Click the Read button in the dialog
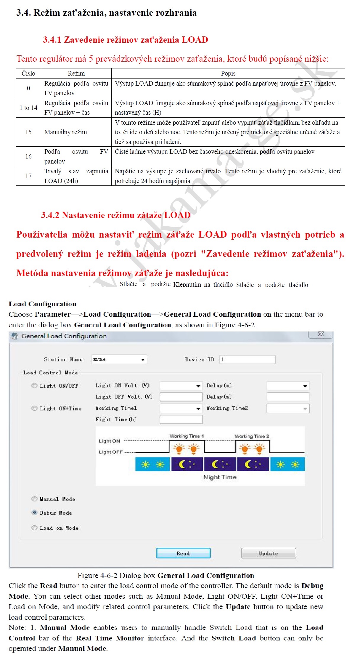[183, 553]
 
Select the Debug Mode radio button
[35, 512]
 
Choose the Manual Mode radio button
[35, 499]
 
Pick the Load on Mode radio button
[35, 528]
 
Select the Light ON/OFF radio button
[35, 385]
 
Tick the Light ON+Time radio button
[35, 408]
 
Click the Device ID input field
[247, 359]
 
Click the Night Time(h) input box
[181, 419]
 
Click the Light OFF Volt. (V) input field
[181, 397]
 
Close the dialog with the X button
[321, 334]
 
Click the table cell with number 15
[28, 132]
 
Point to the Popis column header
[228, 73]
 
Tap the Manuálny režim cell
[66, 132]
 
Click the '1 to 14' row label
[28, 108]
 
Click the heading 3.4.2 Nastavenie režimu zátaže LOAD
[116, 215]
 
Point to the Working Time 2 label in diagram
[252, 436]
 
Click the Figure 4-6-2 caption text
[166, 575]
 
